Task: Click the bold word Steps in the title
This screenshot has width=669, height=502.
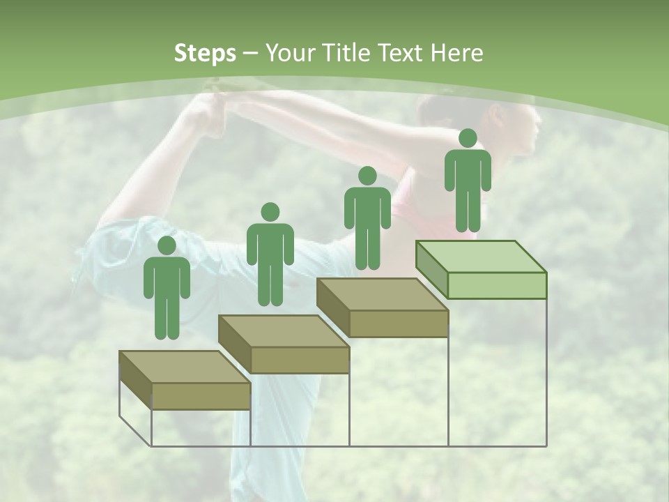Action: pos(205,53)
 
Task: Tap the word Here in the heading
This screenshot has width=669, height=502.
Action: pos(456,53)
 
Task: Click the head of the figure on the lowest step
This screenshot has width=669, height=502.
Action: pos(167,245)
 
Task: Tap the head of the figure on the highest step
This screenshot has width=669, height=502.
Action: pos(468,138)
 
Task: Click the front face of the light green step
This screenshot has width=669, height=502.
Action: pos(497,285)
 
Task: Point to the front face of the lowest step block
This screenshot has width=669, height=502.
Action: pos(201,396)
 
